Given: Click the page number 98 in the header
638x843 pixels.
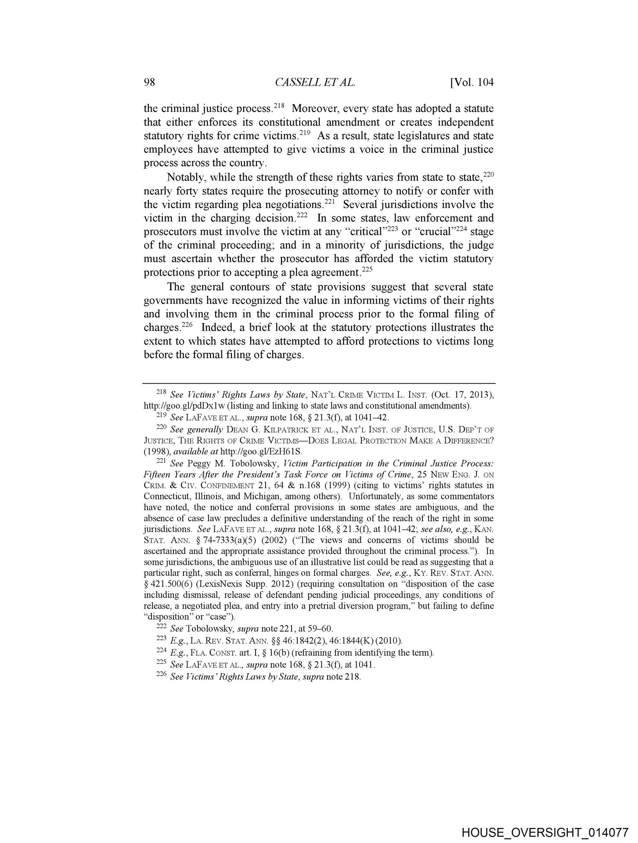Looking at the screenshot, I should point(150,83).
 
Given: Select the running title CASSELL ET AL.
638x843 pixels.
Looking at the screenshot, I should point(314,83).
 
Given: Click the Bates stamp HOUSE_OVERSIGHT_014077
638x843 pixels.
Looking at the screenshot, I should point(544,831).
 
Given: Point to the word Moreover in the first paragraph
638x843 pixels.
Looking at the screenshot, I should point(314,108).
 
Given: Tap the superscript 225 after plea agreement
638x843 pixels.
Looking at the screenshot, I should point(367,269).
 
